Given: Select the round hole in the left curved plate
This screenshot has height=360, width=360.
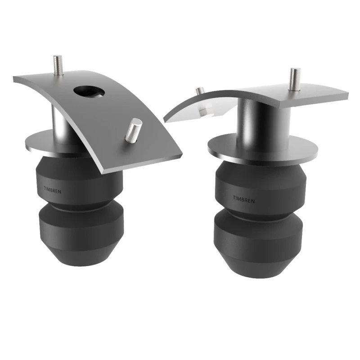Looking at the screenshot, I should [x=90, y=91].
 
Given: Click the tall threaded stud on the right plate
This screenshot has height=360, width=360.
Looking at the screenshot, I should [x=295, y=78].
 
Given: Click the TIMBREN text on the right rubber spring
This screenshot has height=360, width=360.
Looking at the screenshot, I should [x=243, y=198].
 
